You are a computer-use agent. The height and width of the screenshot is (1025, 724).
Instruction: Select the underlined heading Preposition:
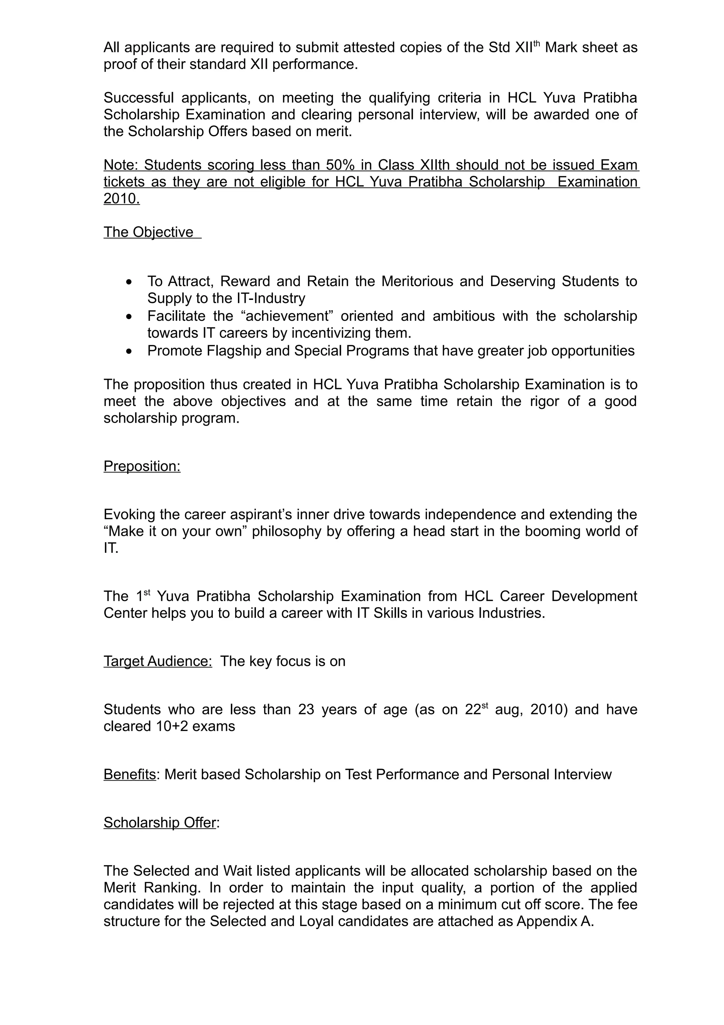[142, 466]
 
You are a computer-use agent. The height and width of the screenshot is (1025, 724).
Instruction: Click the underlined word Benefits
[129, 775]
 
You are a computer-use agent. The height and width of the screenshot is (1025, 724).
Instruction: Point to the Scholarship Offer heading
[160, 823]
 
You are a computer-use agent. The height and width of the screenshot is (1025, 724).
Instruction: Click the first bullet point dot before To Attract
[129, 282]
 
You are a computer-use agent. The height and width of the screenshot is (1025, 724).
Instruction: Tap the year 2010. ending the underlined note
[121, 199]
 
